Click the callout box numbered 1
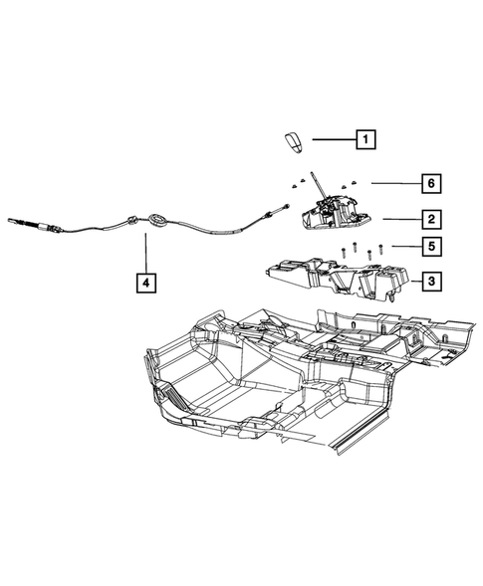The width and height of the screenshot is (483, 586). click(x=367, y=140)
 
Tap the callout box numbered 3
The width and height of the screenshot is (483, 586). click(x=430, y=284)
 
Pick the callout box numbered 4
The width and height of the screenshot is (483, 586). click(x=145, y=284)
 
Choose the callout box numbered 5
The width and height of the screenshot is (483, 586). click(x=430, y=246)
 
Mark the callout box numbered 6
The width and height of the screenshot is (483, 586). click(x=430, y=183)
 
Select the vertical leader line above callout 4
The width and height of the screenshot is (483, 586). click(x=145, y=253)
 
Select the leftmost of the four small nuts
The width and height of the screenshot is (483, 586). click(x=296, y=183)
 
